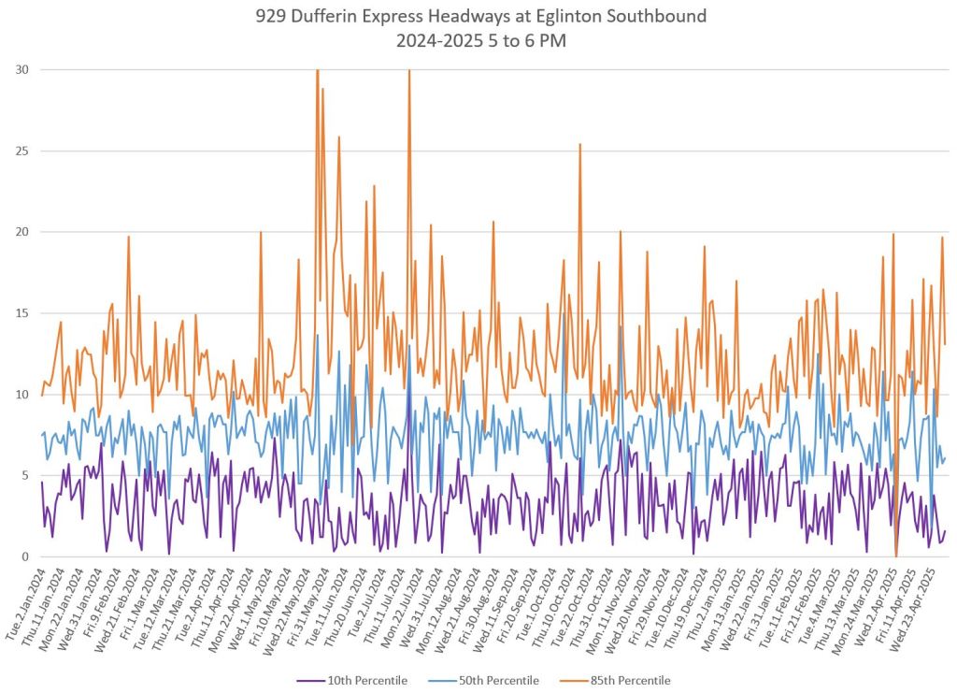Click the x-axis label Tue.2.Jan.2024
[24, 599]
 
